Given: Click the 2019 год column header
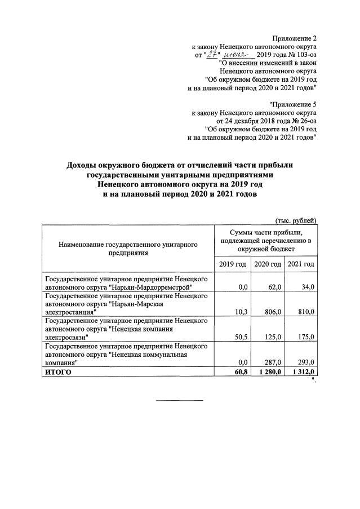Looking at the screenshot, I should [x=232, y=264].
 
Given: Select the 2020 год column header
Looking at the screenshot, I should [x=267, y=264].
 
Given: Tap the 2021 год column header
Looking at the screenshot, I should [x=301, y=264].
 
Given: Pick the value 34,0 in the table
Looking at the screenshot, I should [x=308, y=287].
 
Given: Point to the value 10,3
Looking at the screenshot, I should [x=241, y=312].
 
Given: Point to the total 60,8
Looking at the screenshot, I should [x=241, y=373].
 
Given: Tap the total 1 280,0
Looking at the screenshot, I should [x=269, y=373].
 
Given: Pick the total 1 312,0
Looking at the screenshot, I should [x=303, y=373].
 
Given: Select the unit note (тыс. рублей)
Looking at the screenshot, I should [x=296, y=220].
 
